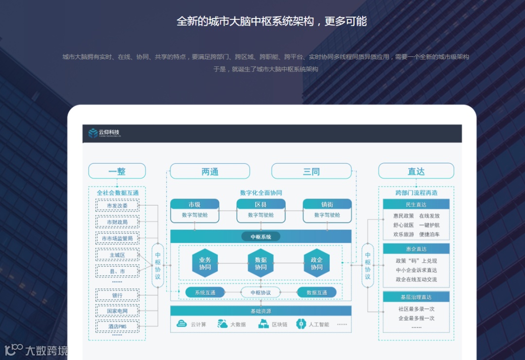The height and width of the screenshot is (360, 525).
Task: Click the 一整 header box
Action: tap(117, 171)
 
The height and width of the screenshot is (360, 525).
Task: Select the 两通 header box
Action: tap(210, 171)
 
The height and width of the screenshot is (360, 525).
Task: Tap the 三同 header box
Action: tap(311, 171)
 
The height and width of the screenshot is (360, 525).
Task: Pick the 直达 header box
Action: tap(416, 171)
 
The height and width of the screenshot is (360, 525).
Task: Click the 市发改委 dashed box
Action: tap(117, 206)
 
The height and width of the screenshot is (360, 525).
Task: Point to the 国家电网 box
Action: tap(117, 311)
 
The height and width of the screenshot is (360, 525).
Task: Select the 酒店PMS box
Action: tap(117, 326)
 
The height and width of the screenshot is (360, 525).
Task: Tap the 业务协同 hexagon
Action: tap(205, 263)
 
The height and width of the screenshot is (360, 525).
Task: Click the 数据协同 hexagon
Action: tap(261, 263)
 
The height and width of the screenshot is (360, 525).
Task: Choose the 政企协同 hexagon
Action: tap(316, 263)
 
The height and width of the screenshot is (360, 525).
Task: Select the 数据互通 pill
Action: tap(316, 292)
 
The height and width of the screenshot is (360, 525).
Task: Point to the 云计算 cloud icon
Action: tap(182, 324)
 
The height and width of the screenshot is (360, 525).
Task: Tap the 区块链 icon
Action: tap(263, 324)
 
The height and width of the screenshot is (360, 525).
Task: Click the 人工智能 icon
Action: tap(301, 324)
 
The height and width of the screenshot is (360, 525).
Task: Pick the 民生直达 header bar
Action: tap(416, 205)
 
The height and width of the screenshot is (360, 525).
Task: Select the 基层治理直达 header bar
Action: tap(416, 297)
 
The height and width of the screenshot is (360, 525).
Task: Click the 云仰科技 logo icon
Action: tap(93, 133)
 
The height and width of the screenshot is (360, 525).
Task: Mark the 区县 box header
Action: tap(261, 205)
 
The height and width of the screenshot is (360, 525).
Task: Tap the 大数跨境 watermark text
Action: tap(47, 350)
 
